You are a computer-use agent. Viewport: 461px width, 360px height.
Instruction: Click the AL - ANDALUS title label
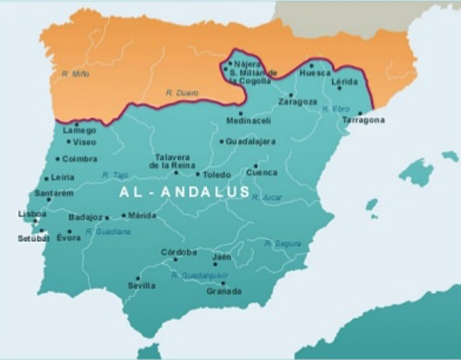(184, 192)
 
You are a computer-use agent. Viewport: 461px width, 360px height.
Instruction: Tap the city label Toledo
(217, 175)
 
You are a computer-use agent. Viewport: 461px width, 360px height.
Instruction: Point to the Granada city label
(224, 291)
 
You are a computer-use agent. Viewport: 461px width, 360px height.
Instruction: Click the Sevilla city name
(142, 286)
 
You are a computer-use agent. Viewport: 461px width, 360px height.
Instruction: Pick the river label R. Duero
(181, 93)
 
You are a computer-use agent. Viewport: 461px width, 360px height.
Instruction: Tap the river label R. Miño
(76, 73)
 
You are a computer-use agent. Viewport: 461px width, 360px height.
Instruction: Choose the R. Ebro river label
(336, 109)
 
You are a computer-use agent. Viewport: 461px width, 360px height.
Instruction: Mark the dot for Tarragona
(361, 113)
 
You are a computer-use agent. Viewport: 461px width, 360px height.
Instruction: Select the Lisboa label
(27, 214)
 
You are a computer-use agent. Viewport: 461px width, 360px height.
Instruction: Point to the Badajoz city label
(85, 217)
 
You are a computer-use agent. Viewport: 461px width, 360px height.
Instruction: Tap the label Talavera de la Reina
(174, 161)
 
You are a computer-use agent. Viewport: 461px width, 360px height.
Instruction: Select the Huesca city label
(313, 73)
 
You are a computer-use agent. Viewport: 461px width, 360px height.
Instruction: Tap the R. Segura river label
(283, 244)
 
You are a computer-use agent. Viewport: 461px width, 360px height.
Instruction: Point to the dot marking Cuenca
(256, 166)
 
